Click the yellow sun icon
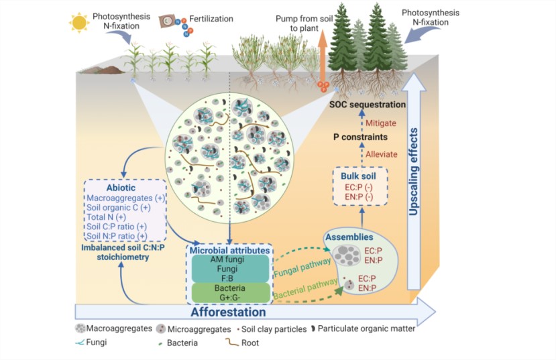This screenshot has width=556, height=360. pos(79,21)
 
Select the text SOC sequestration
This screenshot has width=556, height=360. pos(368,105)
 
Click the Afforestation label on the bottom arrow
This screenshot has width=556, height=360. pos(228,312)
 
